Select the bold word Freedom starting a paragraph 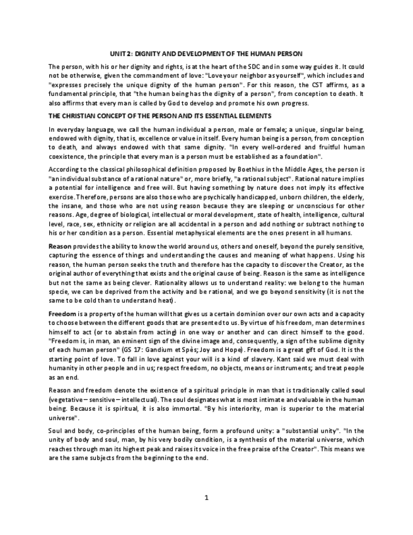coord(62,313)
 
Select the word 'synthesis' coord(248,439)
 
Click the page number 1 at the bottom coord(206,498)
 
